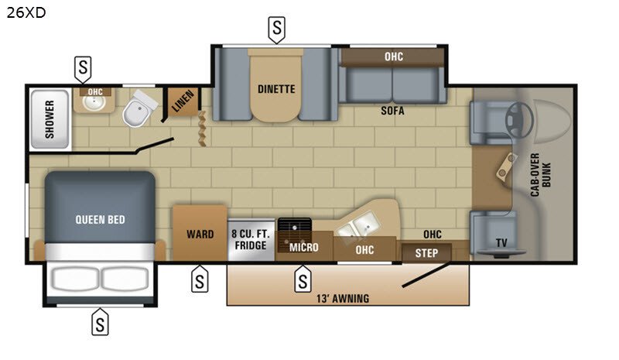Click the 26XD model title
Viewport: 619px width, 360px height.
[26, 12]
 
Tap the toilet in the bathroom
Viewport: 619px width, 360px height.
[139, 108]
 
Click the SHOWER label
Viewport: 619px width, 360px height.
[50, 119]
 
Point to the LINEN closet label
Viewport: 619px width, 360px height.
[183, 101]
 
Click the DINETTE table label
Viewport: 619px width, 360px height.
[276, 89]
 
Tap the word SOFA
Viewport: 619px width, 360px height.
[392, 111]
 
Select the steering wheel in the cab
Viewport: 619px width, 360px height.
[519, 120]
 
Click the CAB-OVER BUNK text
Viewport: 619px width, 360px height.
[540, 175]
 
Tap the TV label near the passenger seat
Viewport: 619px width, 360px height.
[501, 242]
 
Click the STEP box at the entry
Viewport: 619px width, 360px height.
[426, 253]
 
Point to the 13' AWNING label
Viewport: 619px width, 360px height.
[343, 298]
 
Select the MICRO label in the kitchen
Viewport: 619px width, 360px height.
[303, 248]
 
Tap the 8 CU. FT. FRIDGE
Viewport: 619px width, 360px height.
[251, 240]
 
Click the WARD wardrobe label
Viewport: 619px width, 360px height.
[200, 234]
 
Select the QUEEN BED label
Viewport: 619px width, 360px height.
[100, 220]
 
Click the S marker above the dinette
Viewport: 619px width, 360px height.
[277, 29]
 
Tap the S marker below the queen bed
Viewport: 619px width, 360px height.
[100, 323]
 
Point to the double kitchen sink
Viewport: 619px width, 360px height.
[359, 224]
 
